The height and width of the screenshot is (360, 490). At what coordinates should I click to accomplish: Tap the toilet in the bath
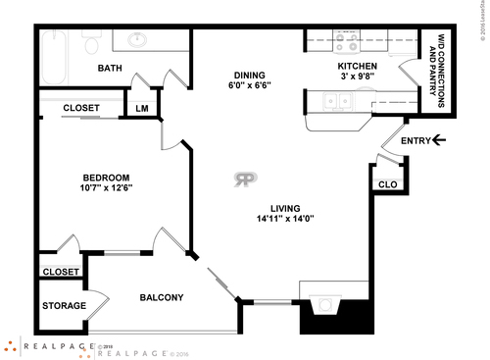click(x=93, y=45)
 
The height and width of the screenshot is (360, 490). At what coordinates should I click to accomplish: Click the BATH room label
click(x=110, y=68)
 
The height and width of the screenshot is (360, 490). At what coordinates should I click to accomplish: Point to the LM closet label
click(x=142, y=108)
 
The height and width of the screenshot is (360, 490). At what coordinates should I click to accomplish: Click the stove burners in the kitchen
click(x=346, y=44)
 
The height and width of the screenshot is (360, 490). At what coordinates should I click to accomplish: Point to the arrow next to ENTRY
click(x=439, y=140)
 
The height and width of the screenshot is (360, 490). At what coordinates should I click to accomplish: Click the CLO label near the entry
click(x=386, y=182)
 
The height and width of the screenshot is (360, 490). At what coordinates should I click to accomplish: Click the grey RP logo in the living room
click(x=245, y=179)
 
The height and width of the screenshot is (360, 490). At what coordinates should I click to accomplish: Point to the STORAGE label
click(x=64, y=306)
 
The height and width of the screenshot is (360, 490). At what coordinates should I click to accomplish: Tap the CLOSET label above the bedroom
click(x=83, y=108)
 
